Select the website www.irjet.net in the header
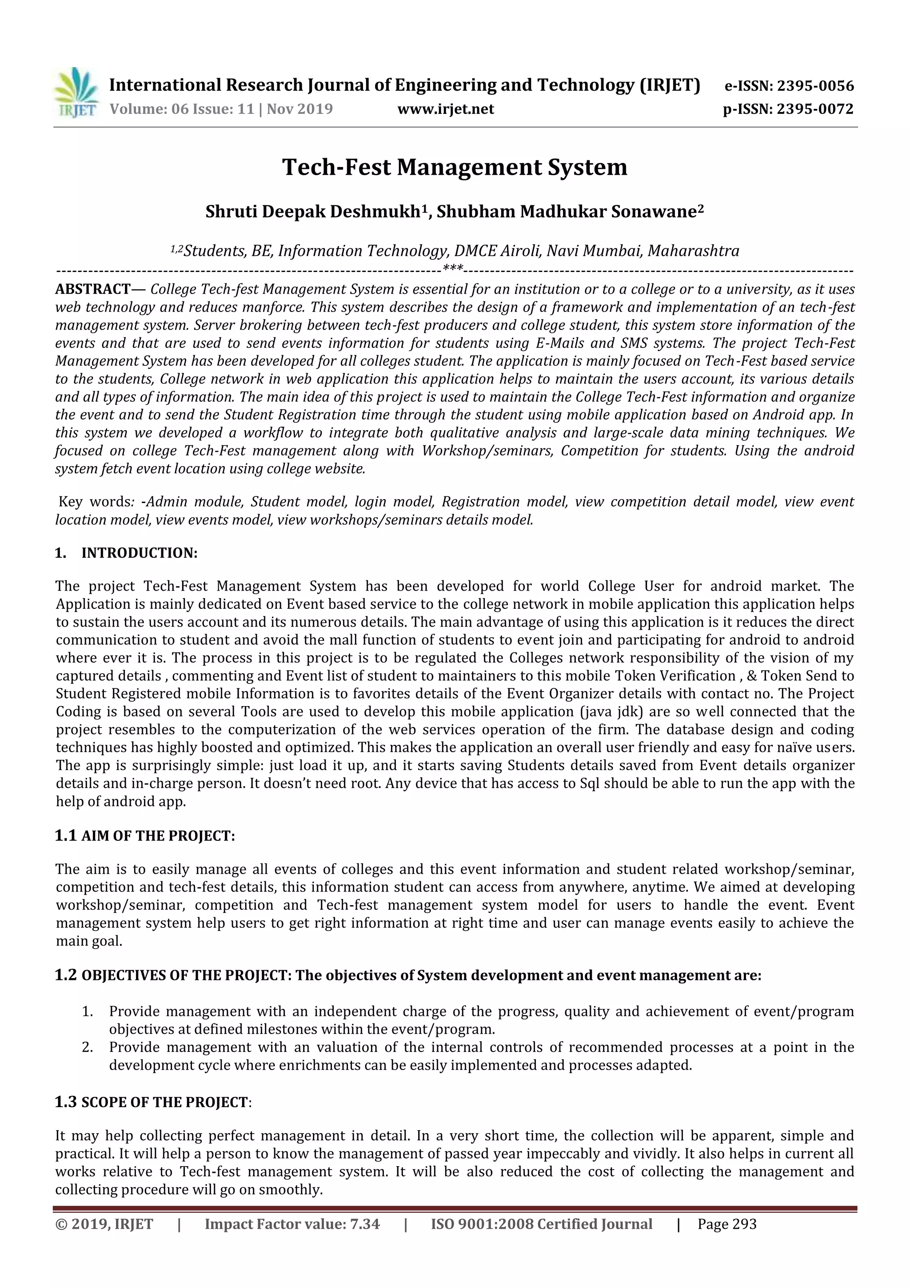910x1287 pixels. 446,109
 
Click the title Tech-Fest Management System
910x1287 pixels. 455,167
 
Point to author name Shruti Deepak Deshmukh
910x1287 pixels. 313,212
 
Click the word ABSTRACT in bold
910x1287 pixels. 93,289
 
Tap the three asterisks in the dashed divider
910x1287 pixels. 453,268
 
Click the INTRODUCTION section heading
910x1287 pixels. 140,553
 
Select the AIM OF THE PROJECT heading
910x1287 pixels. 158,836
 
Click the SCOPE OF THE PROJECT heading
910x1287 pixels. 164,1102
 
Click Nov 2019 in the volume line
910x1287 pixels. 300,109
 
